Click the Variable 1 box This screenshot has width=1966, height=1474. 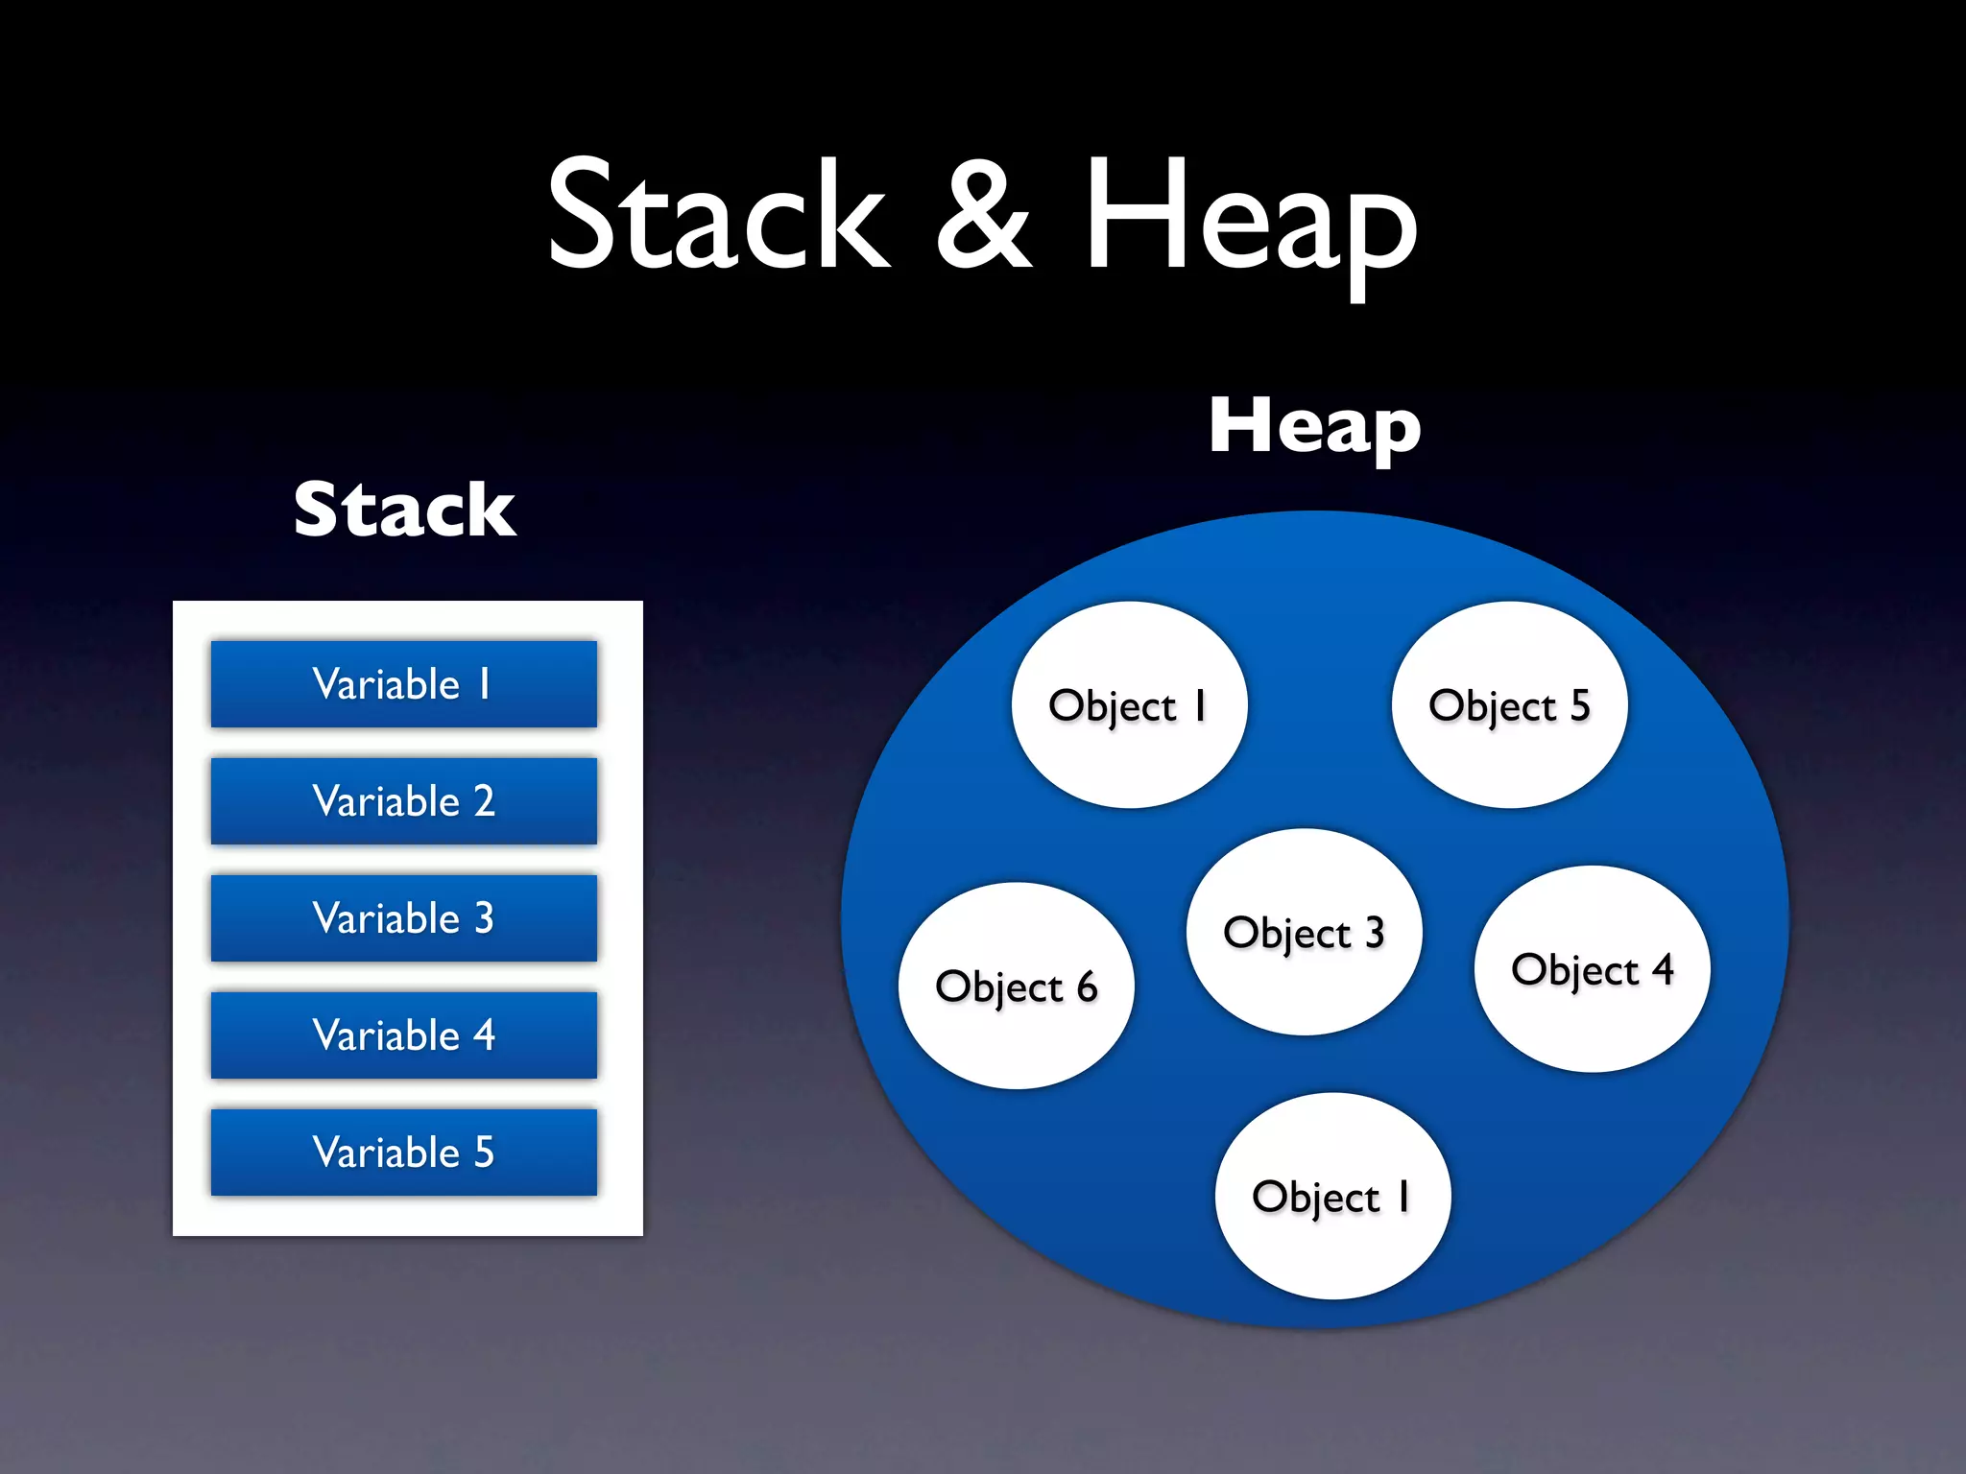tap(403, 684)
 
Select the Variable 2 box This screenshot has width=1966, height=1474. tap(403, 801)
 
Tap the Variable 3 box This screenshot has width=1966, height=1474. tap(403, 918)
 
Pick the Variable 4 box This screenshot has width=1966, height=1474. tap(403, 1035)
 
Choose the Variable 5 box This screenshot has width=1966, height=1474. tap(403, 1153)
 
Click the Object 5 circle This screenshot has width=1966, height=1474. tap(1509, 705)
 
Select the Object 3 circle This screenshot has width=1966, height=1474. tap(1304, 932)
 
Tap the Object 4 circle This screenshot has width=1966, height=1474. tap(1592, 969)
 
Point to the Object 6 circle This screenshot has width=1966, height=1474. tap(1016, 987)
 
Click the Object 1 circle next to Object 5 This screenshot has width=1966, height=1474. tap(1129, 705)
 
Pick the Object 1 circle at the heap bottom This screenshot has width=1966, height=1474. tap(1332, 1197)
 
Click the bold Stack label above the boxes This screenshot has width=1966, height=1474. tap(404, 510)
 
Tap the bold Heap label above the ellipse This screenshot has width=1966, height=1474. tap(1314, 426)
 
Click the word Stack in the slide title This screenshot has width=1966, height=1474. tap(718, 215)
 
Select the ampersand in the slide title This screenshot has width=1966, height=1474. tap(983, 215)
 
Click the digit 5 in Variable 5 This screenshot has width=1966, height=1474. tap(484, 1153)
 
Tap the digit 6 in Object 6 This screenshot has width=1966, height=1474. tap(1087, 987)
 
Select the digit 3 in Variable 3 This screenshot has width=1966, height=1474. tap(484, 918)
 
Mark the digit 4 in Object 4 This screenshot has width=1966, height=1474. tap(1663, 969)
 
